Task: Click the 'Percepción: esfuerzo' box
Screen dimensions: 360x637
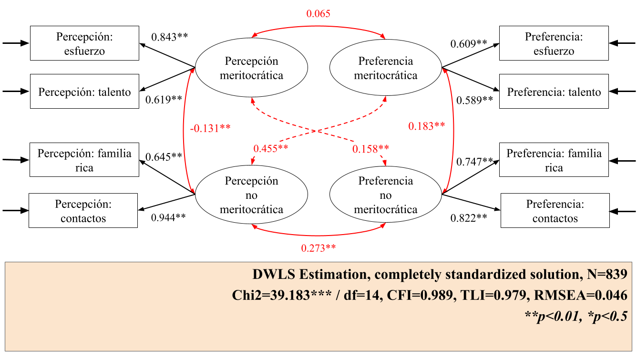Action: [84, 43]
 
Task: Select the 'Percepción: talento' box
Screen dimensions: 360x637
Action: [84, 92]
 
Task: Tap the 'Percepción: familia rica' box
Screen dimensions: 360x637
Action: [84, 160]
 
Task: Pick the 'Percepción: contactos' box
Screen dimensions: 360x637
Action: [83, 211]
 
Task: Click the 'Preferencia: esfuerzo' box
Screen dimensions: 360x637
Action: [554, 43]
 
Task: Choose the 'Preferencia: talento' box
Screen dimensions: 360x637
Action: [554, 92]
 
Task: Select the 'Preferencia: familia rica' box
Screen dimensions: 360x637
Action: [554, 160]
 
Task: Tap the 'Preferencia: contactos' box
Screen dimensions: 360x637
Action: [555, 211]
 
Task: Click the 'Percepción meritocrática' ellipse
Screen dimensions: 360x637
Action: [251, 68]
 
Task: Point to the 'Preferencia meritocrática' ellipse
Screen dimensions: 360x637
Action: [385, 68]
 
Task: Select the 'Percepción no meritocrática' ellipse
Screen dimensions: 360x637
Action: [251, 195]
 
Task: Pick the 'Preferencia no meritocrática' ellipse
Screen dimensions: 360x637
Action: [385, 195]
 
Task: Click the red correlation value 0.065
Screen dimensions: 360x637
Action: [318, 13]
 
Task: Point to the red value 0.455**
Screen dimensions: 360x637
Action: [270, 148]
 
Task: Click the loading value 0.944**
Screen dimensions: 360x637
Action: [168, 217]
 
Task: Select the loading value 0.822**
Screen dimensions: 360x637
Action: [469, 217]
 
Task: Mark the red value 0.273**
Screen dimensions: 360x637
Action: [318, 248]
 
